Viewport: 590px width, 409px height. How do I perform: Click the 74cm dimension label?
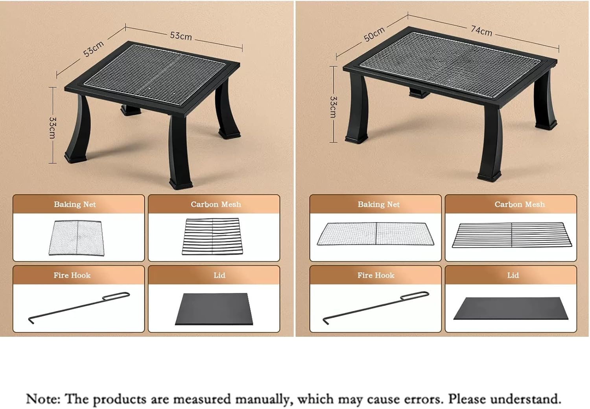click(481, 30)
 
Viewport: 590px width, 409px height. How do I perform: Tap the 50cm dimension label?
click(374, 34)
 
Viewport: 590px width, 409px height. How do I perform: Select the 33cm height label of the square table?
click(53, 127)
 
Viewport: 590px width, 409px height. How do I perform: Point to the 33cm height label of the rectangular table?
click(333, 107)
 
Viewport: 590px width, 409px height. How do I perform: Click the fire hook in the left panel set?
click(79, 307)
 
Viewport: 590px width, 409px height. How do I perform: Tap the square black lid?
click(214, 309)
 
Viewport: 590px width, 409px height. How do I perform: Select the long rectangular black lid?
click(511, 309)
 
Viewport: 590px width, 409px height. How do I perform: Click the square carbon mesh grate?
click(212, 236)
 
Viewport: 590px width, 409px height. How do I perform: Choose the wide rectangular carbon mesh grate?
click(512, 235)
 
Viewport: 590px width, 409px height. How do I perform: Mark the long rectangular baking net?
click(376, 234)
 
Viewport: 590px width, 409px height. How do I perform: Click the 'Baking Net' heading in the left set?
click(75, 204)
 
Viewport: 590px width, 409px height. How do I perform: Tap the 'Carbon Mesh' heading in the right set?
click(520, 204)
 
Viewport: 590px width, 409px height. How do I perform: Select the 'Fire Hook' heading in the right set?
click(376, 275)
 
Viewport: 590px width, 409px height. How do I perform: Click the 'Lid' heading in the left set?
click(219, 275)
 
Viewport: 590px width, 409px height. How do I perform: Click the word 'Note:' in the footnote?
click(43, 399)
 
